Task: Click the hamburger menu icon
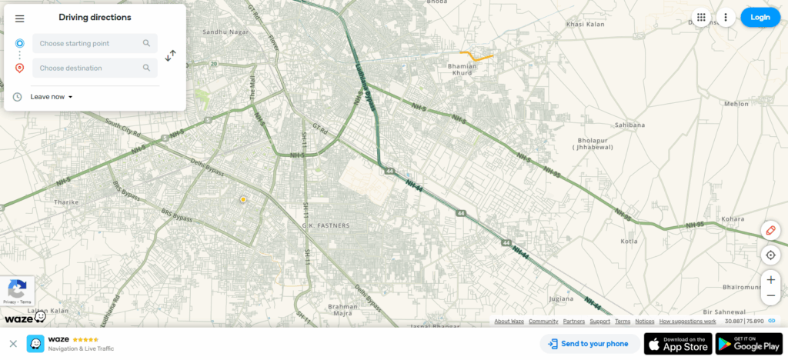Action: (19, 18)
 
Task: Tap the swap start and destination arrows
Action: (171, 55)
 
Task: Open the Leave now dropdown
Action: (51, 97)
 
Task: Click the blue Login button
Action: (760, 17)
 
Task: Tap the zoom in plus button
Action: (770, 280)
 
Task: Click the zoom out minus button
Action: (770, 295)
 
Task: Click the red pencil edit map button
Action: (770, 231)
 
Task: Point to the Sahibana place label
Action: (629, 125)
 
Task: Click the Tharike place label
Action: (66, 202)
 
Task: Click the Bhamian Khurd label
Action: (463, 69)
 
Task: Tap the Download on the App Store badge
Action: (677, 344)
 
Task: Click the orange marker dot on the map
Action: (243, 199)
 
